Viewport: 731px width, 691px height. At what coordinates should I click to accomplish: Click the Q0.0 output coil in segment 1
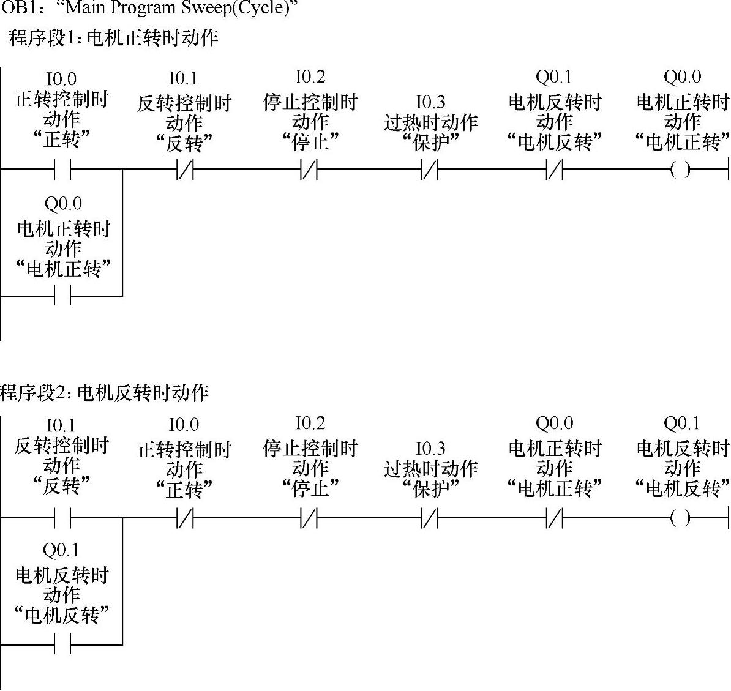pyautogui.click(x=680, y=170)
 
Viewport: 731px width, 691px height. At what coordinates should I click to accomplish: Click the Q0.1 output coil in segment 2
pyautogui.click(x=680, y=518)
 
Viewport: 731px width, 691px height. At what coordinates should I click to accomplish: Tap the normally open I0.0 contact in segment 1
pyautogui.click(x=62, y=170)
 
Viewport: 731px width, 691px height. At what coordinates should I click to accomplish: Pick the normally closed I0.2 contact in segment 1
pyautogui.click(x=309, y=170)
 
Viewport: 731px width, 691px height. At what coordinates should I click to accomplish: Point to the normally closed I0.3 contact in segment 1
pyautogui.click(x=430, y=170)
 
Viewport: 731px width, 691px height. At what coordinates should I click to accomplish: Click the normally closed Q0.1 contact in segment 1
pyautogui.click(x=555, y=170)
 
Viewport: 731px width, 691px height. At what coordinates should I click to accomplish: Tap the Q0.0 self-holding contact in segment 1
pyautogui.click(x=62, y=296)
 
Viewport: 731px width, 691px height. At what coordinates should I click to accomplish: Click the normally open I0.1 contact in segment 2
pyautogui.click(x=62, y=518)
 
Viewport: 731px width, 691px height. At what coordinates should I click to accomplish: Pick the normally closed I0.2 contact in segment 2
pyautogui.click(x=309, y=518)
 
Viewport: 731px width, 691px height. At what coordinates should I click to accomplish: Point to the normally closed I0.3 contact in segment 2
pyautogui.click(x=430, y=518)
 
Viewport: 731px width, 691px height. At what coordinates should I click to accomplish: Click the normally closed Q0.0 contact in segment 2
pyautogui.click(x=555, y=518)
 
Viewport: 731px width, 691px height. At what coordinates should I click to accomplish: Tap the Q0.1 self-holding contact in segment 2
pyautogui.click(x=62, y=644)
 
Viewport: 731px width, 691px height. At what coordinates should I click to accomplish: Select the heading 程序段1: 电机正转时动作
pyautogui.click(x=113, y=38)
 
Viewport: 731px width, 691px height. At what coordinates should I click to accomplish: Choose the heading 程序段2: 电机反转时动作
pyautogui.click(x=105, y=392)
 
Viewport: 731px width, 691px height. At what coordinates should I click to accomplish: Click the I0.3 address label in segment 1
pyautogui.click(x=430, y=102)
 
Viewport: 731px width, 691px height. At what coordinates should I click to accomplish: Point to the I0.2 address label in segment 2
pyautogui.click(x=310, y=423)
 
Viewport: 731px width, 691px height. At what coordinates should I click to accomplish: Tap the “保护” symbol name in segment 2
pyautogui.click(x=430, y=488)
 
